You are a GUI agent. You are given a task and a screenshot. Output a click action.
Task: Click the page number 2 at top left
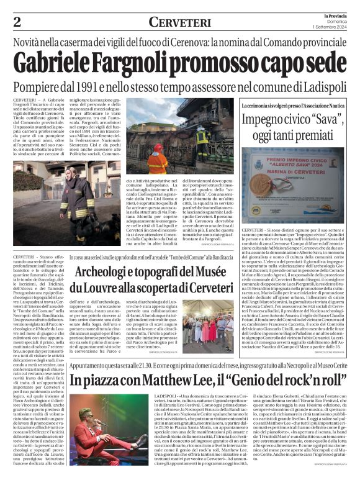pyautogui.click(x=18, y=22)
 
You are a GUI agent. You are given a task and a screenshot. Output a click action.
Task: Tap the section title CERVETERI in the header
pyautogui.click(x=180, y=22)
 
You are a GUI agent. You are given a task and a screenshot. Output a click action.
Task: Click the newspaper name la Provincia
pyautogui.click(x=334, y=14)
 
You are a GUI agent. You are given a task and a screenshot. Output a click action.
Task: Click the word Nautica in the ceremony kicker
pyautogui.click(x=340, y=107)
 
